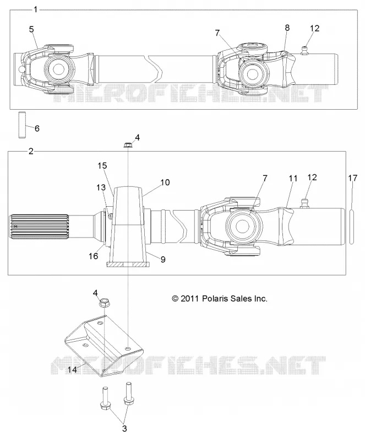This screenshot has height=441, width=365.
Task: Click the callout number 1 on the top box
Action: point(35,9)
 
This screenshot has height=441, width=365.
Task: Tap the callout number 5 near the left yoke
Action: point(31,29)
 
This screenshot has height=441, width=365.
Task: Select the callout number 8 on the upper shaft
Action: point(287,28)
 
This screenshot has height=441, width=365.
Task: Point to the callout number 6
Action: point(37,128)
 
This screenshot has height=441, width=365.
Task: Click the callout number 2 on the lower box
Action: point(31,151)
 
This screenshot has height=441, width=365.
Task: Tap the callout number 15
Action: point(102,166)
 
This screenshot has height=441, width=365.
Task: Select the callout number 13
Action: point(101,187)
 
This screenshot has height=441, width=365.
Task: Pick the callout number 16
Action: point(93,256)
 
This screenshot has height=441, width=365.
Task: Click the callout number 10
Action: point(165,182)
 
